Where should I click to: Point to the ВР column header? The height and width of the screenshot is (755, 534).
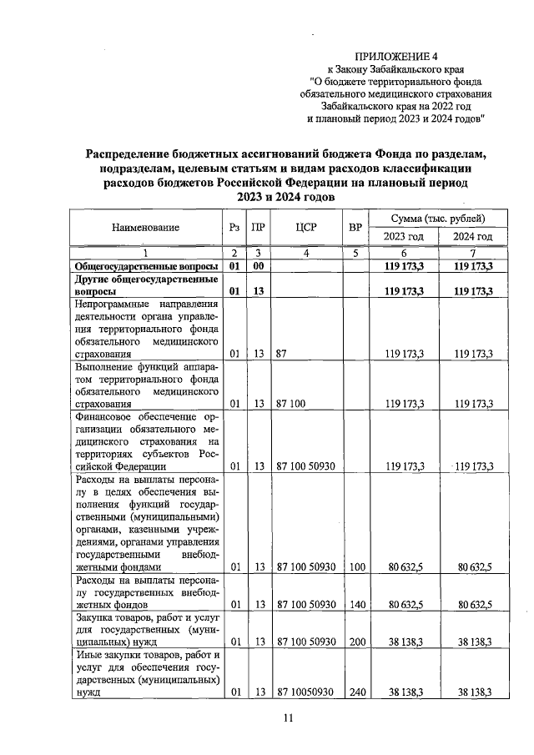click(x=355, y=227)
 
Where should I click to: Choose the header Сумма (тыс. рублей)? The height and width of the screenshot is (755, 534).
click(x=439, y=218)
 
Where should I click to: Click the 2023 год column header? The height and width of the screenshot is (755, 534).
click(x=404, y=237)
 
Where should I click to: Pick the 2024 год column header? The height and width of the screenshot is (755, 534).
click(x=473, y=237)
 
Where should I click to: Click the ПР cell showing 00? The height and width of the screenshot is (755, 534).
click(x=259, y=265)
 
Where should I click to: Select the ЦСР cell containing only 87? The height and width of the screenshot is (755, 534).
click(x=281, y=354)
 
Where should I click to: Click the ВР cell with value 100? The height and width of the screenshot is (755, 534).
click(x=357, y=567)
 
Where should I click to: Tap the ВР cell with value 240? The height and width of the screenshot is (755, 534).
click(x=357, y=692)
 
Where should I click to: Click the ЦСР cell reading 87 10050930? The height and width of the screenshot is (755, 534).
click(x=305, y=692)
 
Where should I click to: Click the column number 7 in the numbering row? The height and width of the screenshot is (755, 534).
click(x=473, y=253)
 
